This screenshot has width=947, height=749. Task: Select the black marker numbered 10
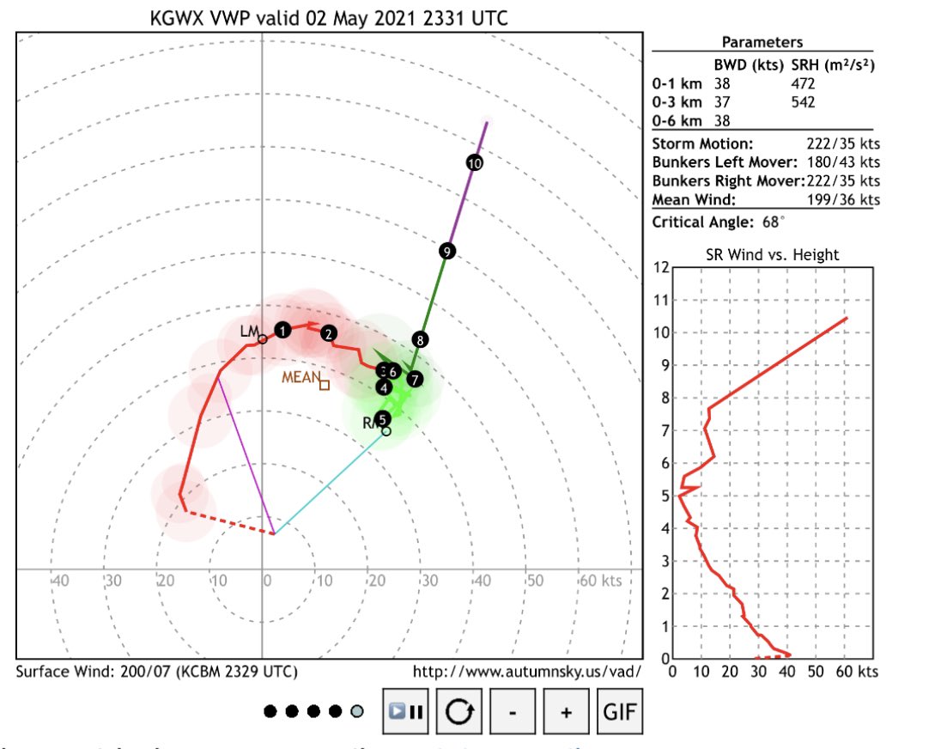point(475,161)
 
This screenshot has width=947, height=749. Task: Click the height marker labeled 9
point(446,251)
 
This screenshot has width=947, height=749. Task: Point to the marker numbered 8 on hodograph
point(419,339)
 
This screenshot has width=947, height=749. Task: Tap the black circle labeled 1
point(283,330)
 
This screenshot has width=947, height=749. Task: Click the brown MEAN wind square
point(324,385)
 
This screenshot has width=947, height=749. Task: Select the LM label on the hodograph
point(249,331)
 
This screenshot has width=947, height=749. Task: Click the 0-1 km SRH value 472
point(803,84)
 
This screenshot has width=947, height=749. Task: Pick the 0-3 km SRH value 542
point(803,102)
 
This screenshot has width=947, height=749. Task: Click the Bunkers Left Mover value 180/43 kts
point(841,162)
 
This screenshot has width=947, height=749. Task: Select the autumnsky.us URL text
point(526,671)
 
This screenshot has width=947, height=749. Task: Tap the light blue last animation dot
point(357,711)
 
